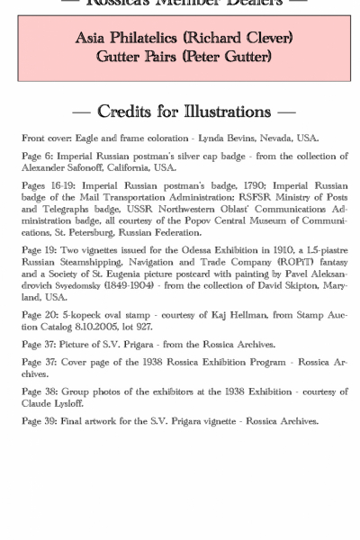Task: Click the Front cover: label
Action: pos(47,139)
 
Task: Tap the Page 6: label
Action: pos(37,157)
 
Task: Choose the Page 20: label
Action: pos(40,315)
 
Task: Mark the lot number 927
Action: pos(145,326)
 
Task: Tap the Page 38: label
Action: pos(40,391)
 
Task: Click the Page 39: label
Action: pos(40,421)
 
